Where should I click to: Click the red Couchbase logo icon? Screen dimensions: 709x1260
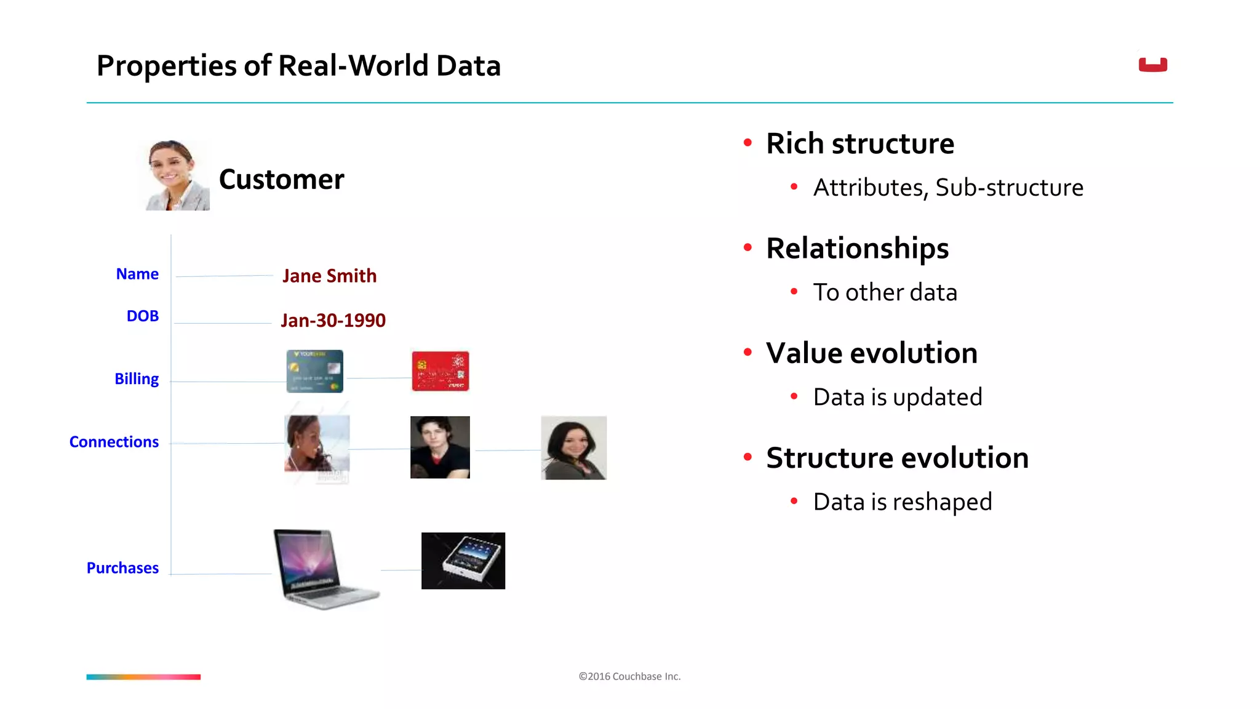click(1152, 65)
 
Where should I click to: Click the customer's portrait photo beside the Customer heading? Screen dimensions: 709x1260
click(177, 175)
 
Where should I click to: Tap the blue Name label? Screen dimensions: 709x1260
click(137, 274)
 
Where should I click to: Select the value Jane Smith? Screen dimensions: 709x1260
click(329, 276)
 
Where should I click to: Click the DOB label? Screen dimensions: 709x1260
click(142, 316)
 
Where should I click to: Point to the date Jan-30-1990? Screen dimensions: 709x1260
click(333, 320)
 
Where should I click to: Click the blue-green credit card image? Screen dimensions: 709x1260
click(314, 371)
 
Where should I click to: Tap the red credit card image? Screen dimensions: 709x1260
click(440, 371)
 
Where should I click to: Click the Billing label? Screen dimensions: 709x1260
click(137, 379)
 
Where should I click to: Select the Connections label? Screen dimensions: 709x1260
click(114, 442)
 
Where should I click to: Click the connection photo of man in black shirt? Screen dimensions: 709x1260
click(440, 447)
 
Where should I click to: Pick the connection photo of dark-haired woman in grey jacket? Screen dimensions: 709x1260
click(573, 447)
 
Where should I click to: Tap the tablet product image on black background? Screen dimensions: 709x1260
click(463, 561)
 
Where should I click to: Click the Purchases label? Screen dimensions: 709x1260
click(122, 567)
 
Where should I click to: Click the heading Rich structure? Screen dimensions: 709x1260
click(859, 143)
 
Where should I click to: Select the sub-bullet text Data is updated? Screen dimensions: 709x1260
click(897, 397)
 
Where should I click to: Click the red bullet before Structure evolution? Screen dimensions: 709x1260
click(748, 457)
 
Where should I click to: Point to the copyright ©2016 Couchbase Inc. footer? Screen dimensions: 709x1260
click(629, 676)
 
